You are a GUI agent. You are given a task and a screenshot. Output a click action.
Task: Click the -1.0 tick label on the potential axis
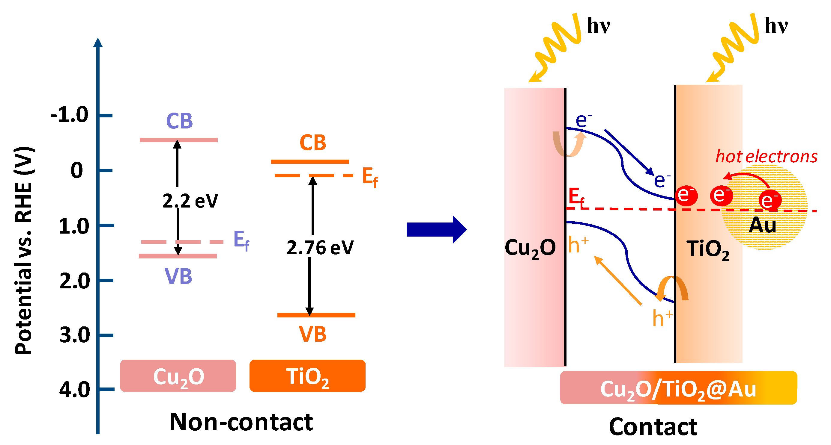(69, 115)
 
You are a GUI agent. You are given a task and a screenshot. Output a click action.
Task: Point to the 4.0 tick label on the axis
(74, 390)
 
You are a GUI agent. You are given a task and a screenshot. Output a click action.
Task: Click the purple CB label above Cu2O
(179, 122)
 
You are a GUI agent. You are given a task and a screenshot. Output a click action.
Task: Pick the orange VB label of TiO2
(312, 334)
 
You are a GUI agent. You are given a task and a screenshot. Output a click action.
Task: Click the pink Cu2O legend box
(178, 376)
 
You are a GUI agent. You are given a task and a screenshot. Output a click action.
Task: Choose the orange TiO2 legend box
(307, 376)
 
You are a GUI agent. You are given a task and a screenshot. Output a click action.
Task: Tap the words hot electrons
(766, 157)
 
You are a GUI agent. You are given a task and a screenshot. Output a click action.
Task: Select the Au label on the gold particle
(762, 225)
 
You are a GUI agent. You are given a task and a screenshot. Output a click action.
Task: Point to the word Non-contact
(241, 422)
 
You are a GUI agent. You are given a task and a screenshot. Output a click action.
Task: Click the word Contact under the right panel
(653, 427)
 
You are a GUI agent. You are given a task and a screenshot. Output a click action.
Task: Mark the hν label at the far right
(776, 26)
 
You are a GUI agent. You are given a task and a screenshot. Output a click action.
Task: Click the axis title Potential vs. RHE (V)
(24, 251)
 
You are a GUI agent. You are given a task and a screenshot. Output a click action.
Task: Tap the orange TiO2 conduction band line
(310, 162)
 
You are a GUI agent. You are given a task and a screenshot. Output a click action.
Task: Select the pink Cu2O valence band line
(178, 256)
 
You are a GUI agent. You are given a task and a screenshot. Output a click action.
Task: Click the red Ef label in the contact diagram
(576, 197)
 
